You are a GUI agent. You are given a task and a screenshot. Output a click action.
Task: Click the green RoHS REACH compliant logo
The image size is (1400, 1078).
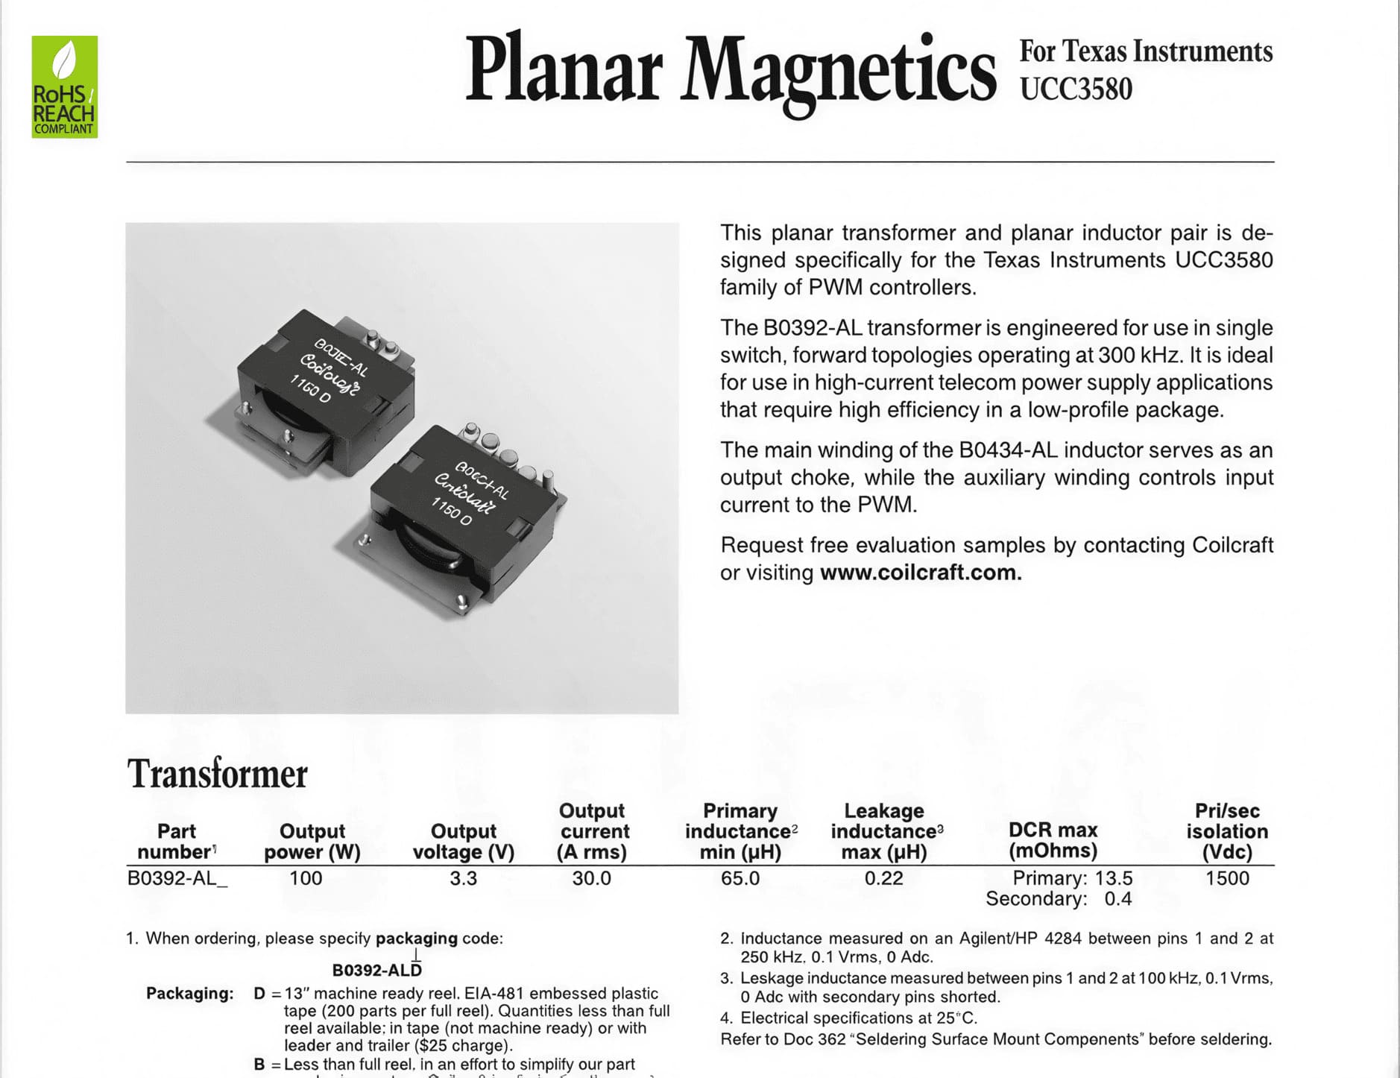click(64, 86)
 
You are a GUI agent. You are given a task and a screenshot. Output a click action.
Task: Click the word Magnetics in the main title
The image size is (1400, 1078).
click(838, 71)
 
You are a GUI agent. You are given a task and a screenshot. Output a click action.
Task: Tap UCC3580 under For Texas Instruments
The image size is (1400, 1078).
click(1076, 89)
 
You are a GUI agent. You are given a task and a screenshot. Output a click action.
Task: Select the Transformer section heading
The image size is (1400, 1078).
click(217, 774)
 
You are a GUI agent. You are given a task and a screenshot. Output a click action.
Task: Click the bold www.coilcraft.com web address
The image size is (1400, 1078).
click(920, 573)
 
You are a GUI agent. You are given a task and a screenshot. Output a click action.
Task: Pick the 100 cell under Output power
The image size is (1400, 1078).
click(306, 878)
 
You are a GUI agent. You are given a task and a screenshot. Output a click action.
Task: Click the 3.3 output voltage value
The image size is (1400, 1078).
click(463, 878)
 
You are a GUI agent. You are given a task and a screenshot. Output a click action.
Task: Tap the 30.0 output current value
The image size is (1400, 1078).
click(591, 878)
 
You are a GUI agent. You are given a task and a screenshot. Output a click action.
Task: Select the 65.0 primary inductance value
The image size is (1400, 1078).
click(740, 878)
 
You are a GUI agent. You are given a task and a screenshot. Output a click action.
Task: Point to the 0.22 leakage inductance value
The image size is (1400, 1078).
click(883, 878)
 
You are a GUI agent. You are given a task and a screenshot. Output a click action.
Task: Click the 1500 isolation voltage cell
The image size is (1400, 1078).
click(1227, 878)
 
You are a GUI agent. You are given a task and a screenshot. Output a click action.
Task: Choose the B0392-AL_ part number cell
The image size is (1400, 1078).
click(177, 878)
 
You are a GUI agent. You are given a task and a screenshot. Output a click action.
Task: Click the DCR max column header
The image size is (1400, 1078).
click(1053, 840)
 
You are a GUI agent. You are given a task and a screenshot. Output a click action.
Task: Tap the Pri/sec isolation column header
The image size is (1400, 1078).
click(1227, 831)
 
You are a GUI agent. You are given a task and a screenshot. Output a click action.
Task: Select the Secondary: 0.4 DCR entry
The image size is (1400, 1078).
click(1058, 899)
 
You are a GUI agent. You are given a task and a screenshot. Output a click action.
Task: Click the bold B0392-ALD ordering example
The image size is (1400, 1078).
click(376, 970)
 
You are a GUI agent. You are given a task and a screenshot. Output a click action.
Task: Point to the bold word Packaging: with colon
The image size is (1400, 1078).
click(189, 994)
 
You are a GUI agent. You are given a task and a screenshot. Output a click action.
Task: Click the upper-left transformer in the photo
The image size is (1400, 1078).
click(321, 388)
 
